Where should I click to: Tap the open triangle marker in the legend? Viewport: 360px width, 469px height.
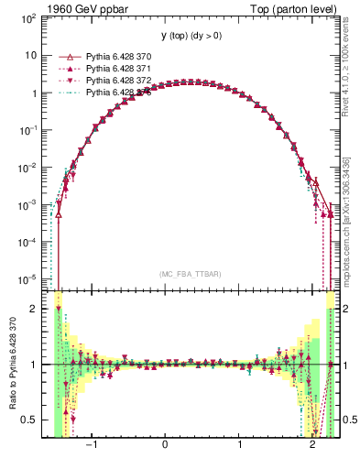click(65, 56)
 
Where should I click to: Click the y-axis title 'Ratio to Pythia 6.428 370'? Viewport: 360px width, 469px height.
click(11, 364)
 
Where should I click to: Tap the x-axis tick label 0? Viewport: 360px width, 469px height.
click(165, 446)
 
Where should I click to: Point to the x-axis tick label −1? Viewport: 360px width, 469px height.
click(91, 446)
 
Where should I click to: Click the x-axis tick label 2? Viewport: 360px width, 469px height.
click(313, 446)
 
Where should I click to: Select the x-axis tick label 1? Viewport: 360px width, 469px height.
click(239, 446)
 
